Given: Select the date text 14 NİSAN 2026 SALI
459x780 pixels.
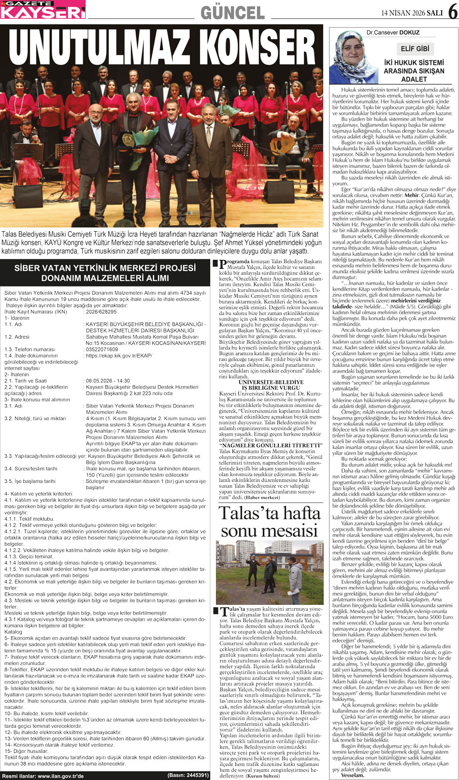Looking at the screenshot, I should (412, 13).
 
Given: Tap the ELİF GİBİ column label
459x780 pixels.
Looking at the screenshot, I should (415, 48).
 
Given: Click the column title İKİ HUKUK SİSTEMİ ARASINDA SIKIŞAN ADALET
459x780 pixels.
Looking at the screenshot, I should (414, 71).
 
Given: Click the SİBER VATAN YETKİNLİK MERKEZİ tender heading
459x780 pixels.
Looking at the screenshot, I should (105, 273).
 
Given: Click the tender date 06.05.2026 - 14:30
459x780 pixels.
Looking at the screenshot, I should (108, 381).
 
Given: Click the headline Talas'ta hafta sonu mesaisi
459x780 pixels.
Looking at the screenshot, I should (269, 522).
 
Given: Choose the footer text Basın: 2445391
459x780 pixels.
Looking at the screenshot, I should (188, 775).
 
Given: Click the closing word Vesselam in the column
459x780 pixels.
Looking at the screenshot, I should (352, 775).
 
